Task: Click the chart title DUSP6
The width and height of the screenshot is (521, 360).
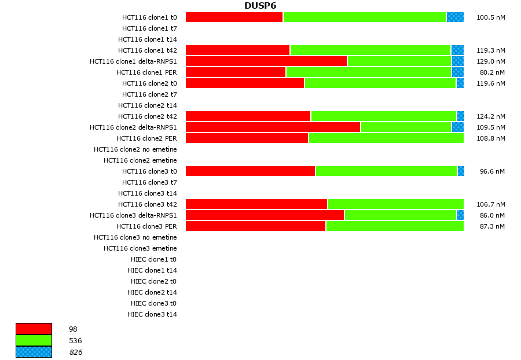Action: (260, 6)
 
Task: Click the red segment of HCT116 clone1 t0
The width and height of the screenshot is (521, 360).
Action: (234, 17)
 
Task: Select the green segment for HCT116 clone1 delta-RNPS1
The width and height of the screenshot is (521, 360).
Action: (399, 61)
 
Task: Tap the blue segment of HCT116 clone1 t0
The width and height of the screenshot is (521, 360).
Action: (455, 17)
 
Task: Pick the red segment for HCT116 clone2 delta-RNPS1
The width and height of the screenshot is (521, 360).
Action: (273, 127)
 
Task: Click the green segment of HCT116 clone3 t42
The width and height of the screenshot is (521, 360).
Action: (395, 204)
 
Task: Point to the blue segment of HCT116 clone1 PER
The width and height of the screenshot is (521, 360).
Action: (457, 72)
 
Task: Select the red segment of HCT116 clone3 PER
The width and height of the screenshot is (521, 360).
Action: (255, 226)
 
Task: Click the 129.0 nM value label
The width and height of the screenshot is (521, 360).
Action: (490, 61)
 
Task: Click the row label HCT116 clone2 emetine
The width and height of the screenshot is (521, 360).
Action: (140, 160)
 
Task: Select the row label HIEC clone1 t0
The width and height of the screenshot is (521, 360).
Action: (153, 259)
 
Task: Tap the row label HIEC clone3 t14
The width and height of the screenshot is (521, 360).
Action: (152, 314)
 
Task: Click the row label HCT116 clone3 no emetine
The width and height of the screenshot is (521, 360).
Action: (135, 237)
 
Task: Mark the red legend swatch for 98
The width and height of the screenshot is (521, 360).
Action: (34, 329)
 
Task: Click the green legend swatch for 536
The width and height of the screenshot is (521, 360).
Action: (34, 340)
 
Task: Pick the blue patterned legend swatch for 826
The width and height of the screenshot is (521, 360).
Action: (34, 352)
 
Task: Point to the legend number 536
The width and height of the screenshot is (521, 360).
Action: (75, 341)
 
